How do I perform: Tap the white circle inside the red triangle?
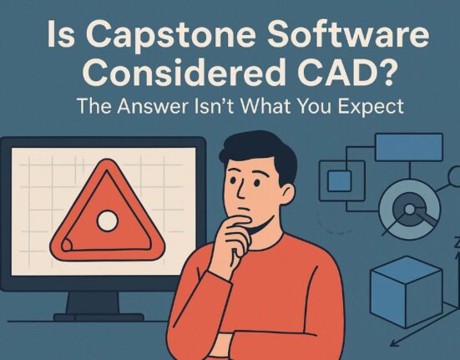tap(106, 221)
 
